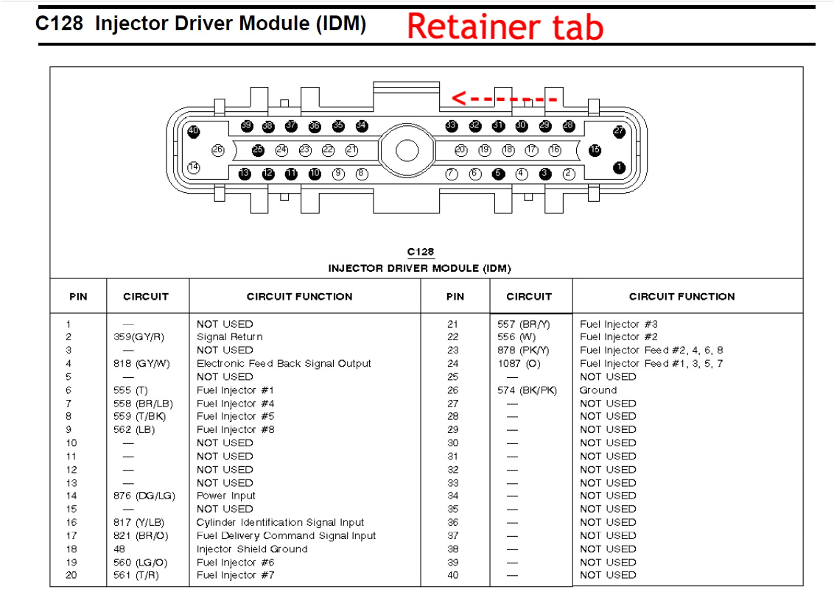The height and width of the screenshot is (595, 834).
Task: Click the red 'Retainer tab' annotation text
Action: tap(505, 27)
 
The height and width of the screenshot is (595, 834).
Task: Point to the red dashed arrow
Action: tap(504, 98)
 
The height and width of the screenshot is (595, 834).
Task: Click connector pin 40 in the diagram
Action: tap(194, 132)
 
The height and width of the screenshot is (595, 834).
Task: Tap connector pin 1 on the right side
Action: tap(619, 167)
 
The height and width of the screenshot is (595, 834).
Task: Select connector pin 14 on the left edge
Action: tap(194, 167)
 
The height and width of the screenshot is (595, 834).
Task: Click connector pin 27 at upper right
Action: tap(619, 131)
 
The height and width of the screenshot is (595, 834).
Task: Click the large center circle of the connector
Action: tap(407, 150)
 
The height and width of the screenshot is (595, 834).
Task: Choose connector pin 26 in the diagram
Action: tap(217, 149)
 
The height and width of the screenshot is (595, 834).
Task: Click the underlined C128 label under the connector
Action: tap(420, 253)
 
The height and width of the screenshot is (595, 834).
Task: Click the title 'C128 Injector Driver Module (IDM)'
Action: tap(200, 24)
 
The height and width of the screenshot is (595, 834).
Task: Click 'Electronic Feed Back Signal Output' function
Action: tap(284, 364)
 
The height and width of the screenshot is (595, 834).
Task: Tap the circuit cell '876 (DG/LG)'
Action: tap(145, 496)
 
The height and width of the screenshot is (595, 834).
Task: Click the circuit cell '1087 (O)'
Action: tap(519, 364)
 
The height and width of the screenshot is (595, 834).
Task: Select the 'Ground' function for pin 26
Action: tap(598, 390)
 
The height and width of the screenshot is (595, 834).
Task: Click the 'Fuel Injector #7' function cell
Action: tap(235, 575)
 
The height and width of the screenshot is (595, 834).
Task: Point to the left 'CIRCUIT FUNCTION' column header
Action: tap(299, 297)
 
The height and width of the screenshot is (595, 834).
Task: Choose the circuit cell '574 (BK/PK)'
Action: tap(527, 390)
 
